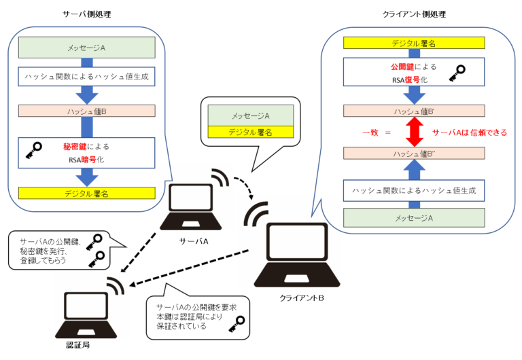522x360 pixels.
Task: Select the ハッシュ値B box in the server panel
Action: pos(87,111)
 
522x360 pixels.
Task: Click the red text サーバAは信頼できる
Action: pos(470,132)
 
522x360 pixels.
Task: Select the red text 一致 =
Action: pos(375,132)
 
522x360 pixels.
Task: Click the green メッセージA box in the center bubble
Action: pos(249,116)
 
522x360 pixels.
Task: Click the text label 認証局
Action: pos(78,345)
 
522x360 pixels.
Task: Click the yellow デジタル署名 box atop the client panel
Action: pos(414,43)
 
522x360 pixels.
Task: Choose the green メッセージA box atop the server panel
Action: pos(87,48)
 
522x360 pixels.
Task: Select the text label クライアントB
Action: pos(300,298)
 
